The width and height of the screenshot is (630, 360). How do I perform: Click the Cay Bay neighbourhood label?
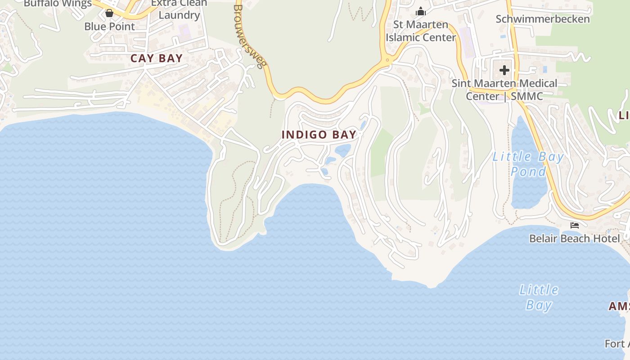(x=157, y=58)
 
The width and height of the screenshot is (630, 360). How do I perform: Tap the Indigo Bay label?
(x=319, y=135)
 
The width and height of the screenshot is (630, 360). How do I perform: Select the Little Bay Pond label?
(x=528, y=164)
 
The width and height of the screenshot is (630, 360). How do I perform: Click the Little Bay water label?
(x=539, y=297)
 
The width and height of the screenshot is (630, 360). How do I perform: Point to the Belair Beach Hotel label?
(x=574, y=238)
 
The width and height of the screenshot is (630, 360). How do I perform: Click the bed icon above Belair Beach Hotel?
(x=574, y=225)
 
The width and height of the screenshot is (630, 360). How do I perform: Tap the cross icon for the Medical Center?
(x=504, y=70)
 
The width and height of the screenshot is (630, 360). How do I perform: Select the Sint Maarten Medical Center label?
(x=504, y=90)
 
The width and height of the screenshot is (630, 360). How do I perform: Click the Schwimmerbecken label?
(x=542, y=19)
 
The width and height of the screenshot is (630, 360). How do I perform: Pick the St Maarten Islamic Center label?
(x=421, y=31)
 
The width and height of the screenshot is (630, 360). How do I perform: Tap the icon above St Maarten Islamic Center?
(x=421, y=11)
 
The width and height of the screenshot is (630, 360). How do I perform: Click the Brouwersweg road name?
(x=249, y=36)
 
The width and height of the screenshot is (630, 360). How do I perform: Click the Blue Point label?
(x=109, y=26)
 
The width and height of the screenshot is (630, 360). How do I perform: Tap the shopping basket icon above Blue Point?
(x=109, y=13)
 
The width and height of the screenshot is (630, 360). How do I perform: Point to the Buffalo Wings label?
(x=58, y=4)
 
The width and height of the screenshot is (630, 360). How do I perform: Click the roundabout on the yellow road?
(x=387, y=60)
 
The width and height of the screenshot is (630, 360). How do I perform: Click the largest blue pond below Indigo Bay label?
(x=342, y=150)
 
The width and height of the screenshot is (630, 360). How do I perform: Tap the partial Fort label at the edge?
(x=617, y=344)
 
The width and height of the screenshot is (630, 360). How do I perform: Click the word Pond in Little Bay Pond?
(x=528, y=171)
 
